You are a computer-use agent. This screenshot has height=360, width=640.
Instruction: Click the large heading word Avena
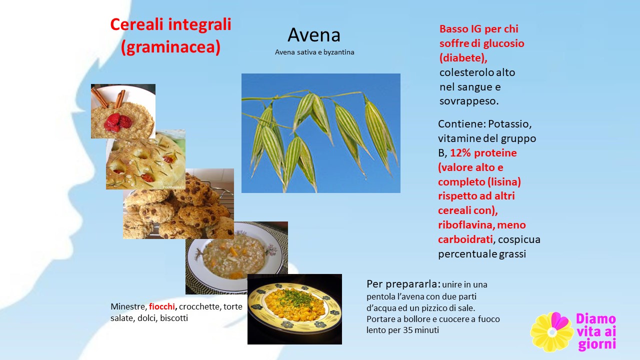point(313,35)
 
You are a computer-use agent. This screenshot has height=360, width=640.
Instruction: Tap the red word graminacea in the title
point(171,46)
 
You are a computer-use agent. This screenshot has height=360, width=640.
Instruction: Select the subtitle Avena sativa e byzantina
point(314,52)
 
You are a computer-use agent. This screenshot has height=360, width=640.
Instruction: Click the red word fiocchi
point(161,306)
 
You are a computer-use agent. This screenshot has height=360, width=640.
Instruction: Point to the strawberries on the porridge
point(117,122)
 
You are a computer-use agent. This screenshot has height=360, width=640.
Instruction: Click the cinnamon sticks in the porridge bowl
point(109,98)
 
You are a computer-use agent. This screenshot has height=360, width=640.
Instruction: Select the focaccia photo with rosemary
point(145,160)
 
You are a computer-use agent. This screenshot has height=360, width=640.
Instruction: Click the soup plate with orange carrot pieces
point(236,257)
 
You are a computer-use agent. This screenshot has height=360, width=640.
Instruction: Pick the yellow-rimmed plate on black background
point(294,309)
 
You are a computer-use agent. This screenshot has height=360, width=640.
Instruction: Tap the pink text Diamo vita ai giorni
point(596,332)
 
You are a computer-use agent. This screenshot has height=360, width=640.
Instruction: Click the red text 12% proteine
point(483,153)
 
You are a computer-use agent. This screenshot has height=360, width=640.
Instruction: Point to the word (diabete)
point(463,58)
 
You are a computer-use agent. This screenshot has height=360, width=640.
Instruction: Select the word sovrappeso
point(469,101)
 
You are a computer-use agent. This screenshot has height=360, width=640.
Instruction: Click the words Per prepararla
point(403,284)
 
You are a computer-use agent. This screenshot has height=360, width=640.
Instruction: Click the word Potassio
point(509,124)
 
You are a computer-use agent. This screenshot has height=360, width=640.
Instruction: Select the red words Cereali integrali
point(171,24)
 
